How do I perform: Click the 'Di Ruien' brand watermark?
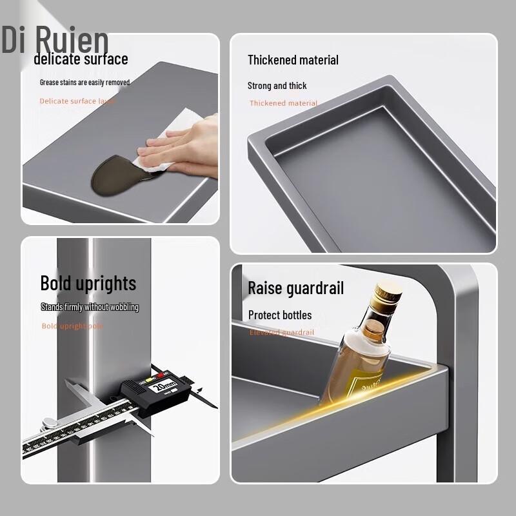(55, 40)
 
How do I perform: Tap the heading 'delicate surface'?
(81, 59)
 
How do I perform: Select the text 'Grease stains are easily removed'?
(84, 82)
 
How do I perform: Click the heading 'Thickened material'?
(293, 60)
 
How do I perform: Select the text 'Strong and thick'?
(277, 86)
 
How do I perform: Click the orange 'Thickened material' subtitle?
(283, 103)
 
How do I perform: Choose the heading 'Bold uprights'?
(88, 283)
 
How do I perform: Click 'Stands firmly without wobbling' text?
(90, 307)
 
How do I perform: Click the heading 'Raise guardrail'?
(296, 288)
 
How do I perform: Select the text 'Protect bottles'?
(280, 315)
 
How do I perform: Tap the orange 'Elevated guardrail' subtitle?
(282, 333)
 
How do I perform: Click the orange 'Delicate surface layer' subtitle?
(77, 101)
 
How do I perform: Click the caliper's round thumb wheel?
(48, 424)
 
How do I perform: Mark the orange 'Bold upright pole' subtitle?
(72, 326)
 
